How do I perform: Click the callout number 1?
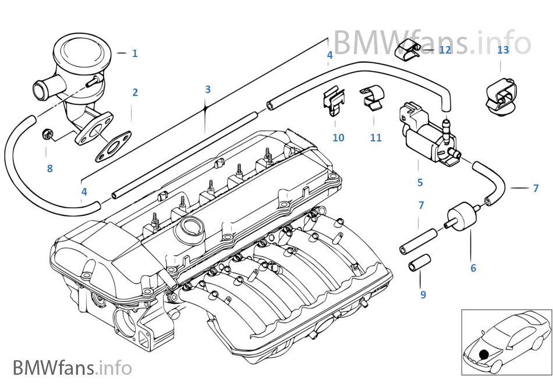tap(134, 54)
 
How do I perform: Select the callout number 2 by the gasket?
tap(135, 93)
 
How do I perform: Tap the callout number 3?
tap(207, 90)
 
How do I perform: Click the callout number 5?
tap(420, 183)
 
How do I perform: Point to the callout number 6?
tap(473, 268)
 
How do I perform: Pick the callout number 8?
tap(49, 169)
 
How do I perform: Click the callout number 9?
tap(423, 295)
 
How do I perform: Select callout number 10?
tap(338, 138)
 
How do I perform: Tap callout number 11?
tap(375, 138)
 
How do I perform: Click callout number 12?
tap(445, 50)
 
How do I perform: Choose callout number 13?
tap(503, 50)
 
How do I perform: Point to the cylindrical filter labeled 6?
tap(463, 215)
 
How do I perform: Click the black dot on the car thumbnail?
tap(483, 354)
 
